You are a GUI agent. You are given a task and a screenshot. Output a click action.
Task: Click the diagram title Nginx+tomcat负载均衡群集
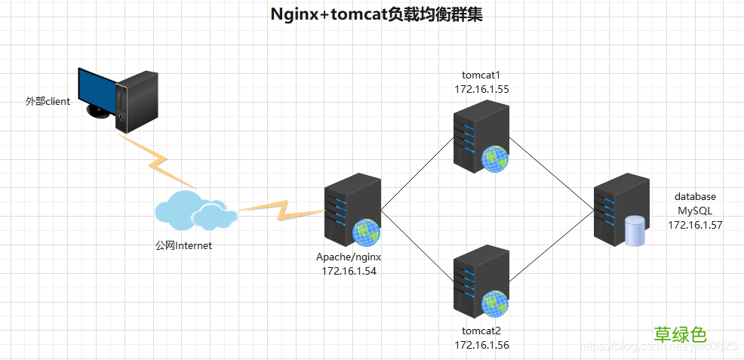pyautogui.click(x=376, y=15)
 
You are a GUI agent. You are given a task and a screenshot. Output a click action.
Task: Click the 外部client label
pyautogui.click(x=48, y=101)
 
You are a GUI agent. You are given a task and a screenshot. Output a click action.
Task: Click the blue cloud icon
pyautogui.click(x=195, y=209)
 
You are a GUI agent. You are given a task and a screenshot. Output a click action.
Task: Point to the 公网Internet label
pyautogui.click(x=183, y=245)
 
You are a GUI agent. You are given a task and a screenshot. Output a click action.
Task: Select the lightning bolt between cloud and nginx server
pyautogui.click(x=276, y=209)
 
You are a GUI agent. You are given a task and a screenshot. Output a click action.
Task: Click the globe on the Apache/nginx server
pyautogui.click(x=366, y=232)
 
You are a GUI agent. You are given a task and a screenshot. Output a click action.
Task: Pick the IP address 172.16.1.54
pyautogui.click(x=349, y=270)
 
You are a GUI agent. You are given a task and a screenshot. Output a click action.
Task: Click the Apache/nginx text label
pyautogui.click(x=349, y=257)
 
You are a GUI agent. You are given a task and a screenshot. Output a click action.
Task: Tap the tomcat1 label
pyautogui.click(x=481, y=75)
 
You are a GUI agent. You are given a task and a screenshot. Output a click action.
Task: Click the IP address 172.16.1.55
pyautogui.click(x=481, y=88)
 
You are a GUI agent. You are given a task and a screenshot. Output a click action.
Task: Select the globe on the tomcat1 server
pyautogui.click(x=495, y=158)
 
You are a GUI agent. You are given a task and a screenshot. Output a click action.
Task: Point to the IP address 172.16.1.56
pyautogui.click(x=481, y=344)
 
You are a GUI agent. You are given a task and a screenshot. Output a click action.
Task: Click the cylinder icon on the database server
pyautogui.click(x=635, y=231)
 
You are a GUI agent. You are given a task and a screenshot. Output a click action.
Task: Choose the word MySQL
pyautogui.click(x=694, y=211)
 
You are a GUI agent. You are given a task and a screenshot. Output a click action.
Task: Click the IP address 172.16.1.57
pyautogui.click(x=694, y=224)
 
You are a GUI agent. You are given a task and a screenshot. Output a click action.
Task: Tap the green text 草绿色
pyautogui.click(x=680, y=334)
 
